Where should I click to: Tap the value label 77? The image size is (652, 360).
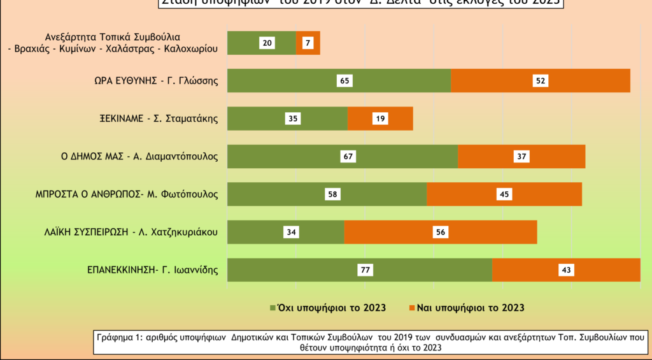pyautogui.click(x=365, y=270)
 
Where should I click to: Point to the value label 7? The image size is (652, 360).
pyautogui.click(x=307, y=43)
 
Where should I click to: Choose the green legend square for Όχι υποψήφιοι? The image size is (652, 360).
pyautogui.click(x=273, y=308)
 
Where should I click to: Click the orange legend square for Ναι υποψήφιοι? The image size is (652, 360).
pyautogui.click(x=411, y=308)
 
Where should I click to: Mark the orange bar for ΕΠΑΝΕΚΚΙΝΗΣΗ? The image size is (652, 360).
pyautogui.click(x=605, y=270)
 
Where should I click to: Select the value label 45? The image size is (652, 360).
pyautogui.click(x=504, y=194)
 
